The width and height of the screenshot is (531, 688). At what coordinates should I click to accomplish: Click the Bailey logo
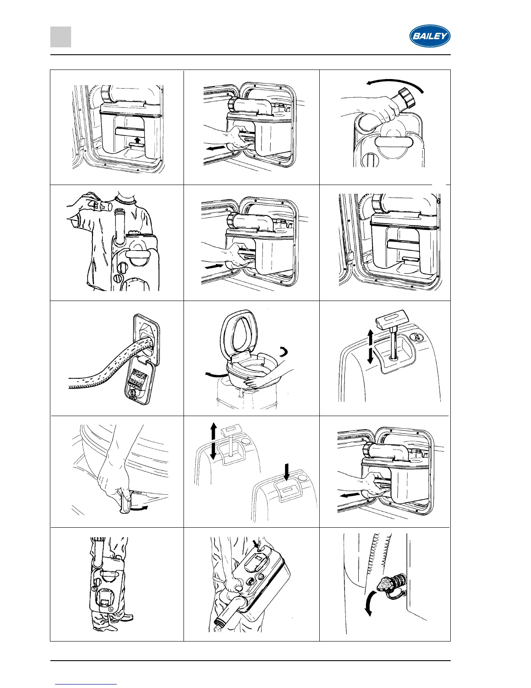(430, 36)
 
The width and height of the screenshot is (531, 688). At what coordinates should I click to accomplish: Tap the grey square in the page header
(60, 37)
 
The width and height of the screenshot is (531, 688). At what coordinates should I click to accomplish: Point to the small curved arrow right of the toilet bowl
(284, 351)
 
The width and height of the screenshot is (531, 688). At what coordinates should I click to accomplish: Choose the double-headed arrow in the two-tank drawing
(213, 441)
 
